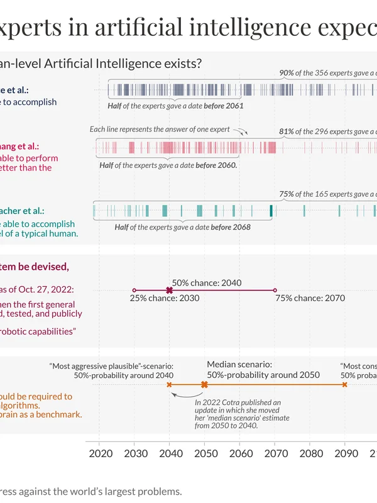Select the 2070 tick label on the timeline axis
coord(275,454)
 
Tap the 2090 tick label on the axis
coord(344,454)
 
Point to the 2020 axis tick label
coord(100,454)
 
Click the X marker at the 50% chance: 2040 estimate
coord(169,290)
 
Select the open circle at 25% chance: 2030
coord(134,290)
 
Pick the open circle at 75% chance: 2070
coord(275,290)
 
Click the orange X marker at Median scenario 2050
coord(204,384)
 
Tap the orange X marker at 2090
coord(344,384)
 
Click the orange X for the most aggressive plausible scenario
coord(170,384)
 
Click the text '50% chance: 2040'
coord(207,283)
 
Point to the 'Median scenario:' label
coord(239,364)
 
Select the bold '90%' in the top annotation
coord(287,73)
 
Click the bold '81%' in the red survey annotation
coord(287,132)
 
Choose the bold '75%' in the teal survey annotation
coord(287,194)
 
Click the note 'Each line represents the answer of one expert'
coord(160,130)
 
